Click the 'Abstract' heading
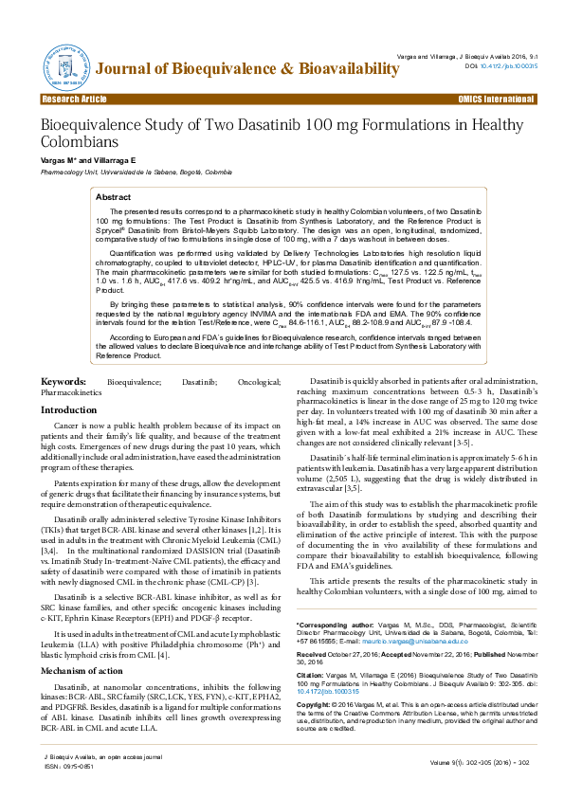coord(114,196)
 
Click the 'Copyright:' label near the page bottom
coord(314,706)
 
